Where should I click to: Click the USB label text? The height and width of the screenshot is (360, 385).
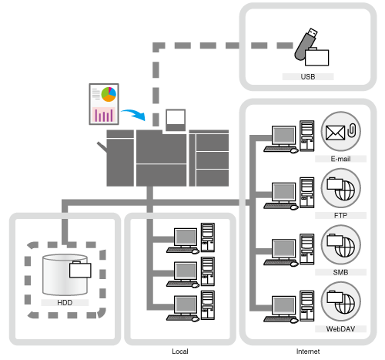click(308, 76)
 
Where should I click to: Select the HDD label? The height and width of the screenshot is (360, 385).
click(65, 302)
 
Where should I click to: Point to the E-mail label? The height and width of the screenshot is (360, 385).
click(340, 159)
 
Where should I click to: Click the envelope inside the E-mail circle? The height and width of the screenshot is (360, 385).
click(335, 133)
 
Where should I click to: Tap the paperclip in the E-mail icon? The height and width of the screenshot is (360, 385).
click(352, 130)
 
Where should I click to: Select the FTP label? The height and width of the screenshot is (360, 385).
click(340, 215)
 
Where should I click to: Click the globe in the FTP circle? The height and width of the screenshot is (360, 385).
click(345, 190)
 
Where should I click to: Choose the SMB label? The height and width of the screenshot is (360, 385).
click(340, 272)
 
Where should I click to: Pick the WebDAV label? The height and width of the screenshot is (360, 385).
click(340, 329)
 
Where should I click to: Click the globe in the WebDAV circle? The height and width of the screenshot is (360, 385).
click(345, 304)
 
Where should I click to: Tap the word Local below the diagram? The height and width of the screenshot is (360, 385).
click(180, 352)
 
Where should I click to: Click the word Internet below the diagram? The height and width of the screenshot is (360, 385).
click(308, 352)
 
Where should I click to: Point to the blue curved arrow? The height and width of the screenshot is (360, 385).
click(133, 114)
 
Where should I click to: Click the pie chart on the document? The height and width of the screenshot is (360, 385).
click(109, 94)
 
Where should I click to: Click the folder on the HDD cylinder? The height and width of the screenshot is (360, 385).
click(80, 270)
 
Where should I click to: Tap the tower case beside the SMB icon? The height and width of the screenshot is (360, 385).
click(307, 249)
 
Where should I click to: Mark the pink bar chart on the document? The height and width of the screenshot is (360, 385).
click(104, 115)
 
